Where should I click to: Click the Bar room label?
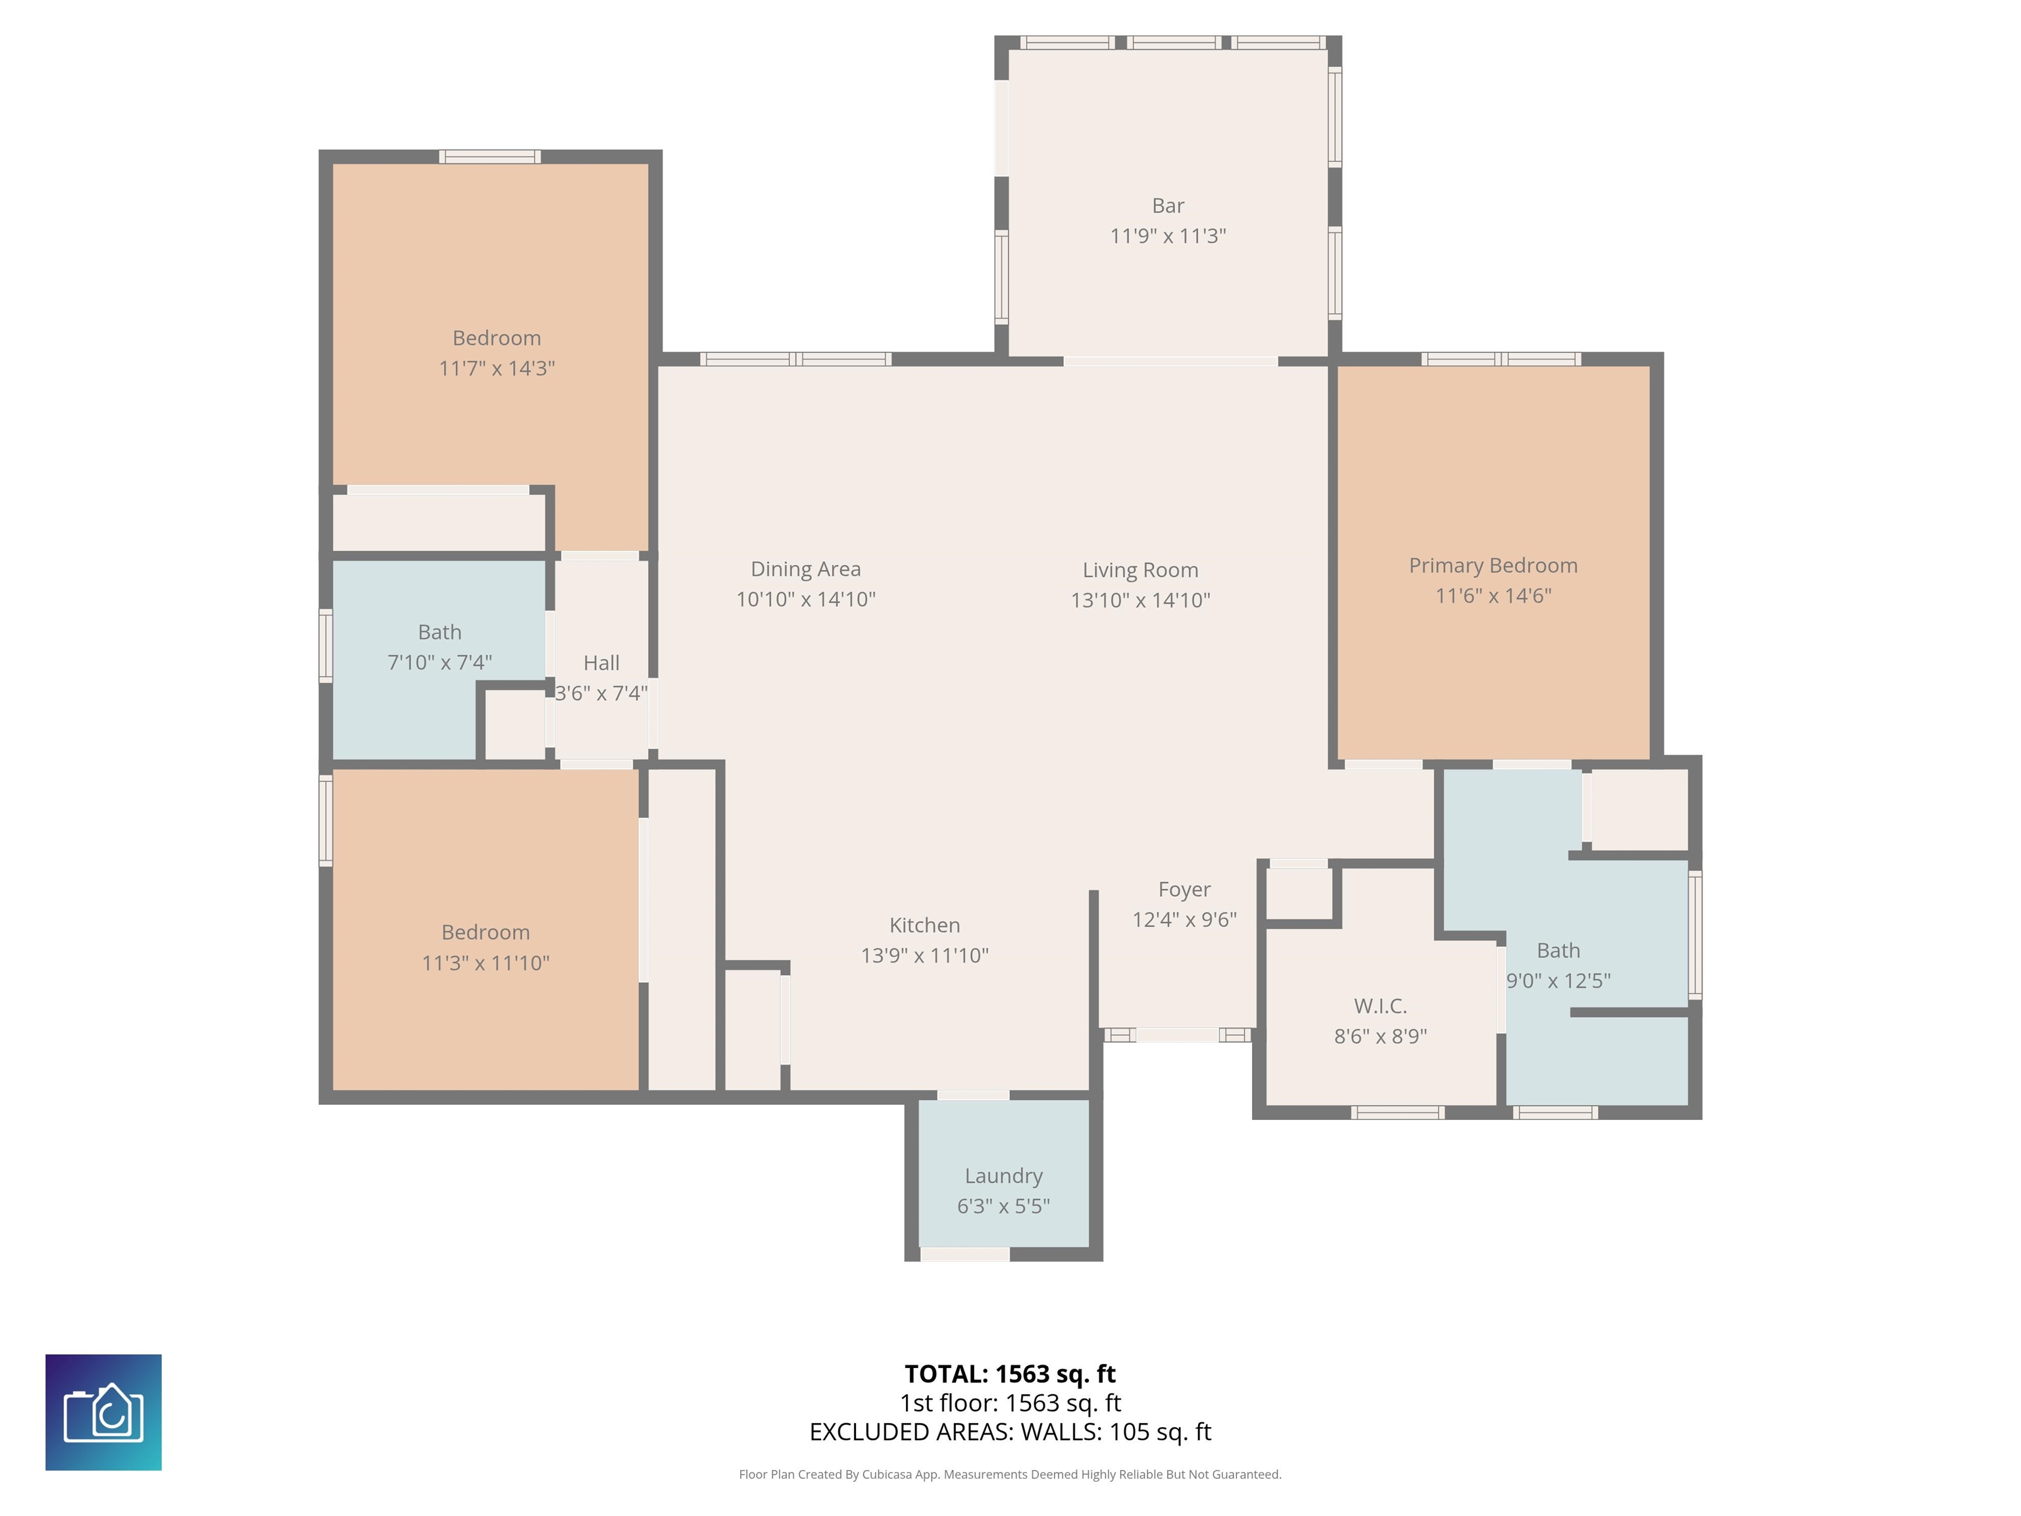(x=1168, y=205)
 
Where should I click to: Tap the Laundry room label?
(x=1003, y=1176)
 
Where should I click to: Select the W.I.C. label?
(x=1380, y=1006)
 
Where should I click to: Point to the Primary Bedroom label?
(x=1493, y=566)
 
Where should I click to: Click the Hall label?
(x=601, y=663)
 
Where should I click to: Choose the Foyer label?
(x=1184, y=889)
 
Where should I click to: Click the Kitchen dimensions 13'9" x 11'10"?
(x=924, y=955)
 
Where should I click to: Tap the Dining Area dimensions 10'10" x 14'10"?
(x=806, y=599)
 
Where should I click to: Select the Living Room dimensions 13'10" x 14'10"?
(x=1140, y=600)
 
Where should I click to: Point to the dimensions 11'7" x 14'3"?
(x=497, y=368)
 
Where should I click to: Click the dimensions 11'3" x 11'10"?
(x=485, y=962)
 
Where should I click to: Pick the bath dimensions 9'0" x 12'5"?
(x=1558, y=980)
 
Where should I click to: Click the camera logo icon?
(x=103, y=1412)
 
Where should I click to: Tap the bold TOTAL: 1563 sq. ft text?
(x=1010, y=1373)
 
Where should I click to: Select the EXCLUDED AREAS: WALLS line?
(x=1010, y=1431)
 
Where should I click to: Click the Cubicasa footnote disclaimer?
(x=1010, y=1474)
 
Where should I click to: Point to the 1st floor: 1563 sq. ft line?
(x=1010, y=1403)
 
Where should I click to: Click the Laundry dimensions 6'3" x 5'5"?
(x=1003, y=1206)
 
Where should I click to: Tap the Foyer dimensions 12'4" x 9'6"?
(x=1184, y=919)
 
